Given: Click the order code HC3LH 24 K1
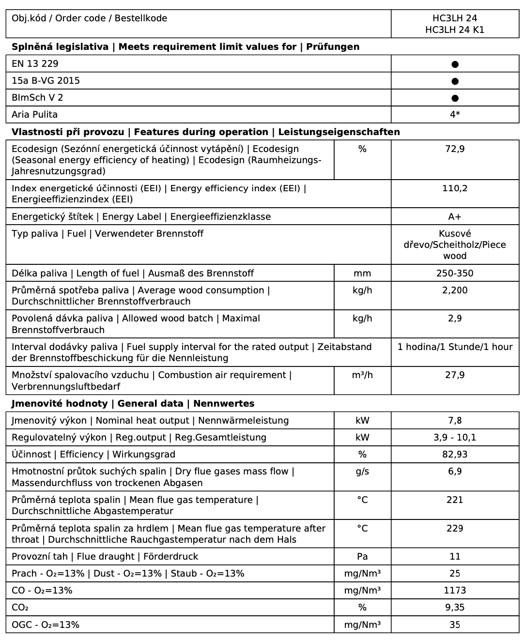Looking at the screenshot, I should pos(455,30).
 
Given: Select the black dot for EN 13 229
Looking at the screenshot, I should pos(455,64).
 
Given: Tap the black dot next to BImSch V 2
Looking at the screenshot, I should pos(455,98).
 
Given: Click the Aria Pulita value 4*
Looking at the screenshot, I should pos(455,115).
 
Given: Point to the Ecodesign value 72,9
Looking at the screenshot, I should pos(455,149).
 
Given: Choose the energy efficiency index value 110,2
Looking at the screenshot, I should pos(455,188).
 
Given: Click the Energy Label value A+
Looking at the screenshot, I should pos(455,216).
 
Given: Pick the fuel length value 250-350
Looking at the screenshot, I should pos(455,273).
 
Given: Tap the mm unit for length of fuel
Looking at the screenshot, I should pos(362,273).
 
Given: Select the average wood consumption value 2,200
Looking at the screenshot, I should pos(455,290).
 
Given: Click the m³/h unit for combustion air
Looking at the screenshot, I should pos(362,375).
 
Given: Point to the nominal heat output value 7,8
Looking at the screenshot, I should pos(455,421).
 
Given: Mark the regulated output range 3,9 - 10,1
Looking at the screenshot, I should pos(455,438).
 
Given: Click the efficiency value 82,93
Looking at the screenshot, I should pos(455,455).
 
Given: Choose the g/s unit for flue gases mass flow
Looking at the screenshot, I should pos(362,472).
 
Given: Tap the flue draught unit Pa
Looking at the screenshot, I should pos(362,557).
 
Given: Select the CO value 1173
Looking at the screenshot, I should pos(455,591).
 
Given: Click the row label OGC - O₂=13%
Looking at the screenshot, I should pos(46,625).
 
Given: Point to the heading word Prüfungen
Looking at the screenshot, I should pos(333,47).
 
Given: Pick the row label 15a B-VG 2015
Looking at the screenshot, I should pos(46,81).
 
